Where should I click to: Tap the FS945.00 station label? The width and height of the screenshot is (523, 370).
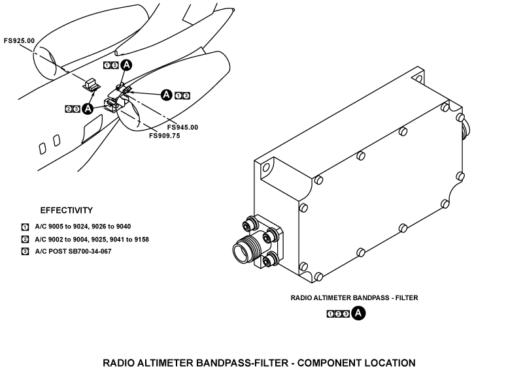tap(182, 127)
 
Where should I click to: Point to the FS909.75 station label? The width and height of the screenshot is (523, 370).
tap(164, 136)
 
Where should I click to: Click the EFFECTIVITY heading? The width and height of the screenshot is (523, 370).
tap(66, 211)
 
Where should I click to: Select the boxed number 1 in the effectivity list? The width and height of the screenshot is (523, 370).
tap(25, 227)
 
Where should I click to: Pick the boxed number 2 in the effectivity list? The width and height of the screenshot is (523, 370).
tap(25, 239)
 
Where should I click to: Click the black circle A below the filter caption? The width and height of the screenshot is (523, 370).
tap(358, 314)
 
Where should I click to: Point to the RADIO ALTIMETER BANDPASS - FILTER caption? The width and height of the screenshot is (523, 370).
tap(354, 298)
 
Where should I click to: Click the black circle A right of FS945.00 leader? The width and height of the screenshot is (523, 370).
tap(167, 95)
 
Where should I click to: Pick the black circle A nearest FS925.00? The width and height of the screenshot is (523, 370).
tap(126, 65)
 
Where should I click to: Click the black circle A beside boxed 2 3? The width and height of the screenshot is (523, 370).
tap(87, 108)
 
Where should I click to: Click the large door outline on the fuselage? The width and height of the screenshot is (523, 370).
tap(92, 129)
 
